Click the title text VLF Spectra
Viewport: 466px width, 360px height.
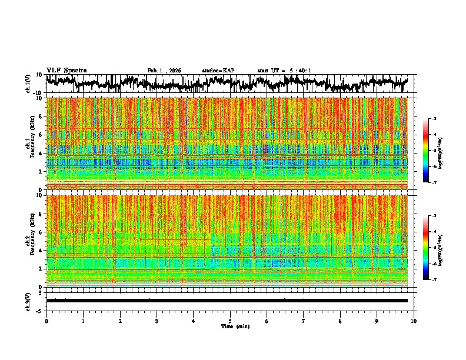(x=66, y=70)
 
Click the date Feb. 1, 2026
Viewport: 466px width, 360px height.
(x=164, y=71)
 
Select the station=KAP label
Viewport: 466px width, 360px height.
(x=218, y=71)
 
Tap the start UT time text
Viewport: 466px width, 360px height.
(x=284, y=71)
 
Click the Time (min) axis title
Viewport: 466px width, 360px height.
(x=230, y=326)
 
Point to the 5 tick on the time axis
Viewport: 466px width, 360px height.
(x=230, y=321)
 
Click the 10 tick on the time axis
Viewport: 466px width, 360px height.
(x=414, y=321)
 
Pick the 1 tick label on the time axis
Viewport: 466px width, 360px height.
(x=83, y=321)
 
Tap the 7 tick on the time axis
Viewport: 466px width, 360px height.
(x=304, y=321)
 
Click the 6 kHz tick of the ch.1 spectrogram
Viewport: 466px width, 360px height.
(x=42, y=135)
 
